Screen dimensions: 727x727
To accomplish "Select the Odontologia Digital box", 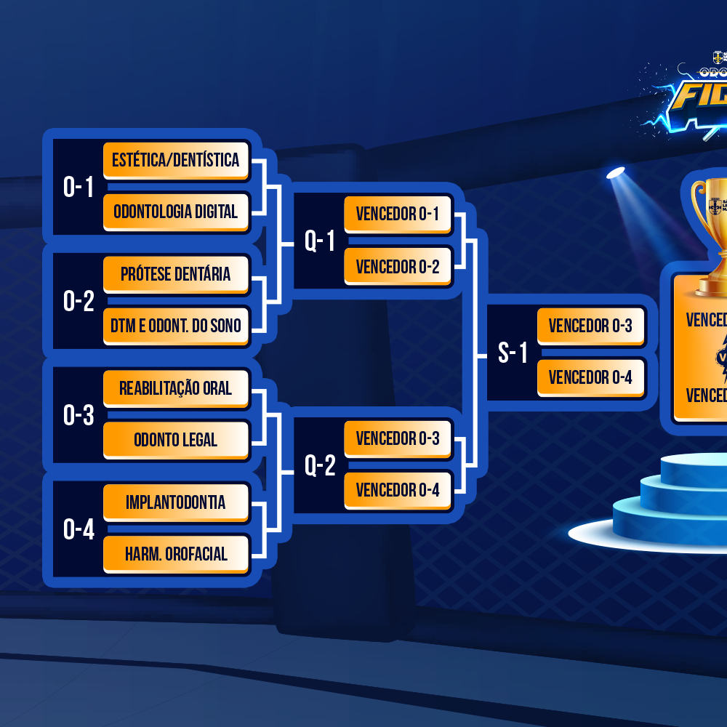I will (176, 212).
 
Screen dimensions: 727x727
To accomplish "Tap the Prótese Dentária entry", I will (176, 274).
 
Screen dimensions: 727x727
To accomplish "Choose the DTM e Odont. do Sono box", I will (176, 326).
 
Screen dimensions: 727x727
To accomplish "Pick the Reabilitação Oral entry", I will (176, 388).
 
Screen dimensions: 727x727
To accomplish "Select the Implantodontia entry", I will (176, 502).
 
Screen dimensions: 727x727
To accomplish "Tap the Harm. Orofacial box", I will (176, 554).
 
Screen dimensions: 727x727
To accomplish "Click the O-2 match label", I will (79, 302).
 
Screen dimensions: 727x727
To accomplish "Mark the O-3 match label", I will (79, 416).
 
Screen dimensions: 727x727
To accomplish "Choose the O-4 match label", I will (79, 530).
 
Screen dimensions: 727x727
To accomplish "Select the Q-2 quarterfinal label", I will (320, 466).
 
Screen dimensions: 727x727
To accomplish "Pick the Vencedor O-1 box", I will (398, 214).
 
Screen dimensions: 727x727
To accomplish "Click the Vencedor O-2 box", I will (398, 266).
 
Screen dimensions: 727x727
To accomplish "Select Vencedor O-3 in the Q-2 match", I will (398, 438).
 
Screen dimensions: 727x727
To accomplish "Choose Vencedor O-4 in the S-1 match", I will (590, 377).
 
